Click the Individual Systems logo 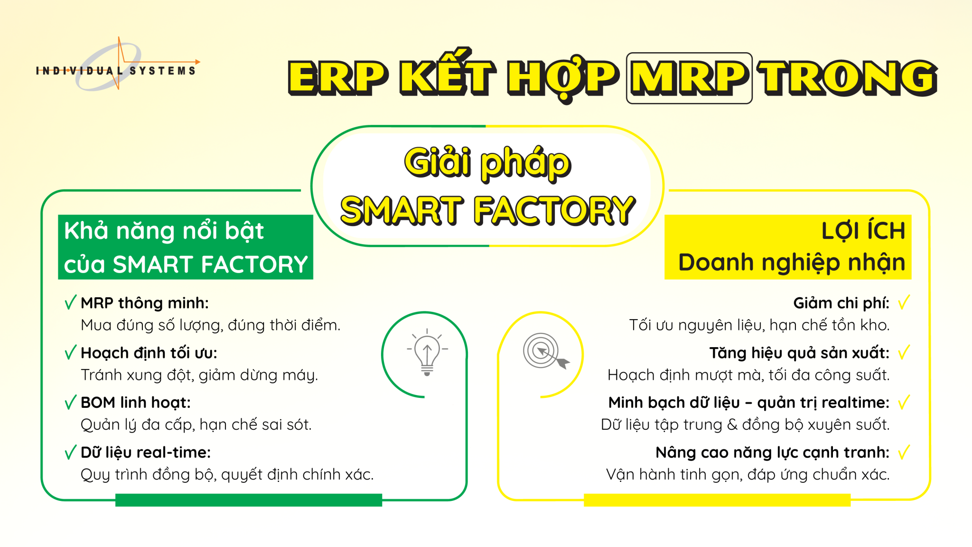tap(116, 66)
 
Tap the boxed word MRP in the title tap(689, 78)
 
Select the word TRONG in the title tap(848, 78)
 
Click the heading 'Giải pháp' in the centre tap(487, 163)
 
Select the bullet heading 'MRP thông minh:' tap(145, 303)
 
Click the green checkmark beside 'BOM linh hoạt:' tap(70, 402)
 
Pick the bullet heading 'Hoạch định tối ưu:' tap(149, 353)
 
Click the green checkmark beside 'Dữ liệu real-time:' tap(70, 452)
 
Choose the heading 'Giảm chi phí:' tap(841, 303)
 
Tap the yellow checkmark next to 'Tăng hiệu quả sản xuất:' tap(904, 352)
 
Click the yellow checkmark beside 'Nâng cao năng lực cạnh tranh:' tap(904, 452)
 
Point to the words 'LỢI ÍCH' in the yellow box tap(863, 231)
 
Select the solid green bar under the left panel tap(248, 500)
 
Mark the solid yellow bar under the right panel tap(717, 500)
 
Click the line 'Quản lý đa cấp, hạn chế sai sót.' tap(196, 424)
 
